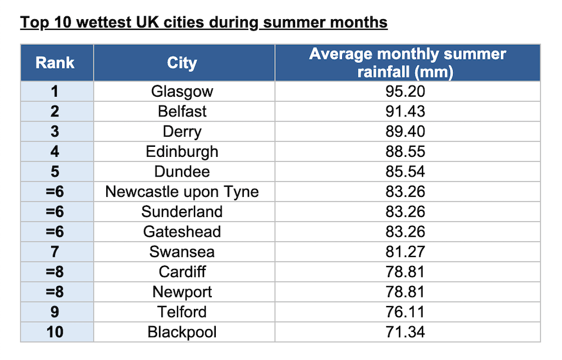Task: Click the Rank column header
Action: point(55,62)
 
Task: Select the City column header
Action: point(182,62)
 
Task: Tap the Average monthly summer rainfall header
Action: point(407,63)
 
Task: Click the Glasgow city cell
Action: point(182,91)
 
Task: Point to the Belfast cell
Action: point(182,111)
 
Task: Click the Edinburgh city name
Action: point(182,151)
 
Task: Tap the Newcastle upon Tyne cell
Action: point(182,192)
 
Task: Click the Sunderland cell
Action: point(182,211)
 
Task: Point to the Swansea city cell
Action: point(182,251)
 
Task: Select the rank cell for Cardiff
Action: point(55,272)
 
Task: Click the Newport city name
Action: point(182,292)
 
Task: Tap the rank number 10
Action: point(55,332)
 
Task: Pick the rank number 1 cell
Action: point(55,91)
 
